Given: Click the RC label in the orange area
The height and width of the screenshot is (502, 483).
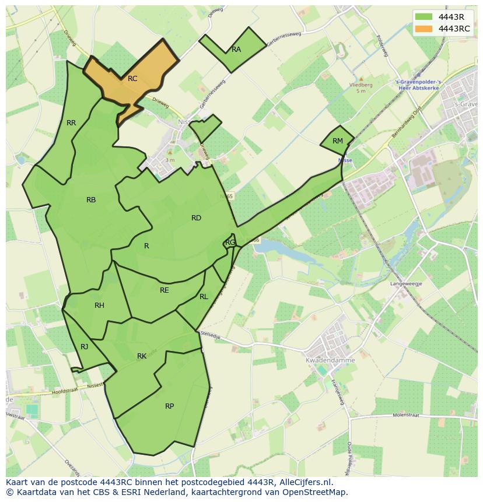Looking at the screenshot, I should coord(132,79).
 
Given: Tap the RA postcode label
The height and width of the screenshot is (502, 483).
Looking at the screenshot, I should coord(236,50).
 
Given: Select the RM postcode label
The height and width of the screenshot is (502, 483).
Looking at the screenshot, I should coord(338,141).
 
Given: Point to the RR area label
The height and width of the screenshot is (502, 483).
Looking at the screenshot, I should coord(71,123).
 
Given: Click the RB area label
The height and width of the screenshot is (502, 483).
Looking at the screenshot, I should coord(91,200).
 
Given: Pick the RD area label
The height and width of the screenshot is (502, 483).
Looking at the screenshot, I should coord(196,218).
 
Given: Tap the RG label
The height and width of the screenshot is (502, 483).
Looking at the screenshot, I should coord(230,243).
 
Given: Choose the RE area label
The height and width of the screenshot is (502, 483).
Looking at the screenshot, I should coord(164,290).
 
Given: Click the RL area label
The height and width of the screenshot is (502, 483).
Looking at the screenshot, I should coord(204,297).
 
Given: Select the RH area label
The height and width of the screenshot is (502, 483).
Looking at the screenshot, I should coord(99,306).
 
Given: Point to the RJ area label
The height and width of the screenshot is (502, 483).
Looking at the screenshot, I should coord(85,347).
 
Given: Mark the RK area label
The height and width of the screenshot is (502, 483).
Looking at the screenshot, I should coord(142,356).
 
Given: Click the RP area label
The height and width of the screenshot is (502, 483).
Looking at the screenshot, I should coord(169,406).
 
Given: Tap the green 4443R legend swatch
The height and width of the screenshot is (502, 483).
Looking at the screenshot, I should coord(424,17).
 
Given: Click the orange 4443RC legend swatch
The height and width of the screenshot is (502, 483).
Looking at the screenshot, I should coord(424,29).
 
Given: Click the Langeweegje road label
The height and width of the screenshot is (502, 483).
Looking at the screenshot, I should coord(406,283).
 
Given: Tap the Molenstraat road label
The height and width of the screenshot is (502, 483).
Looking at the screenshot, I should coord(407,416).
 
